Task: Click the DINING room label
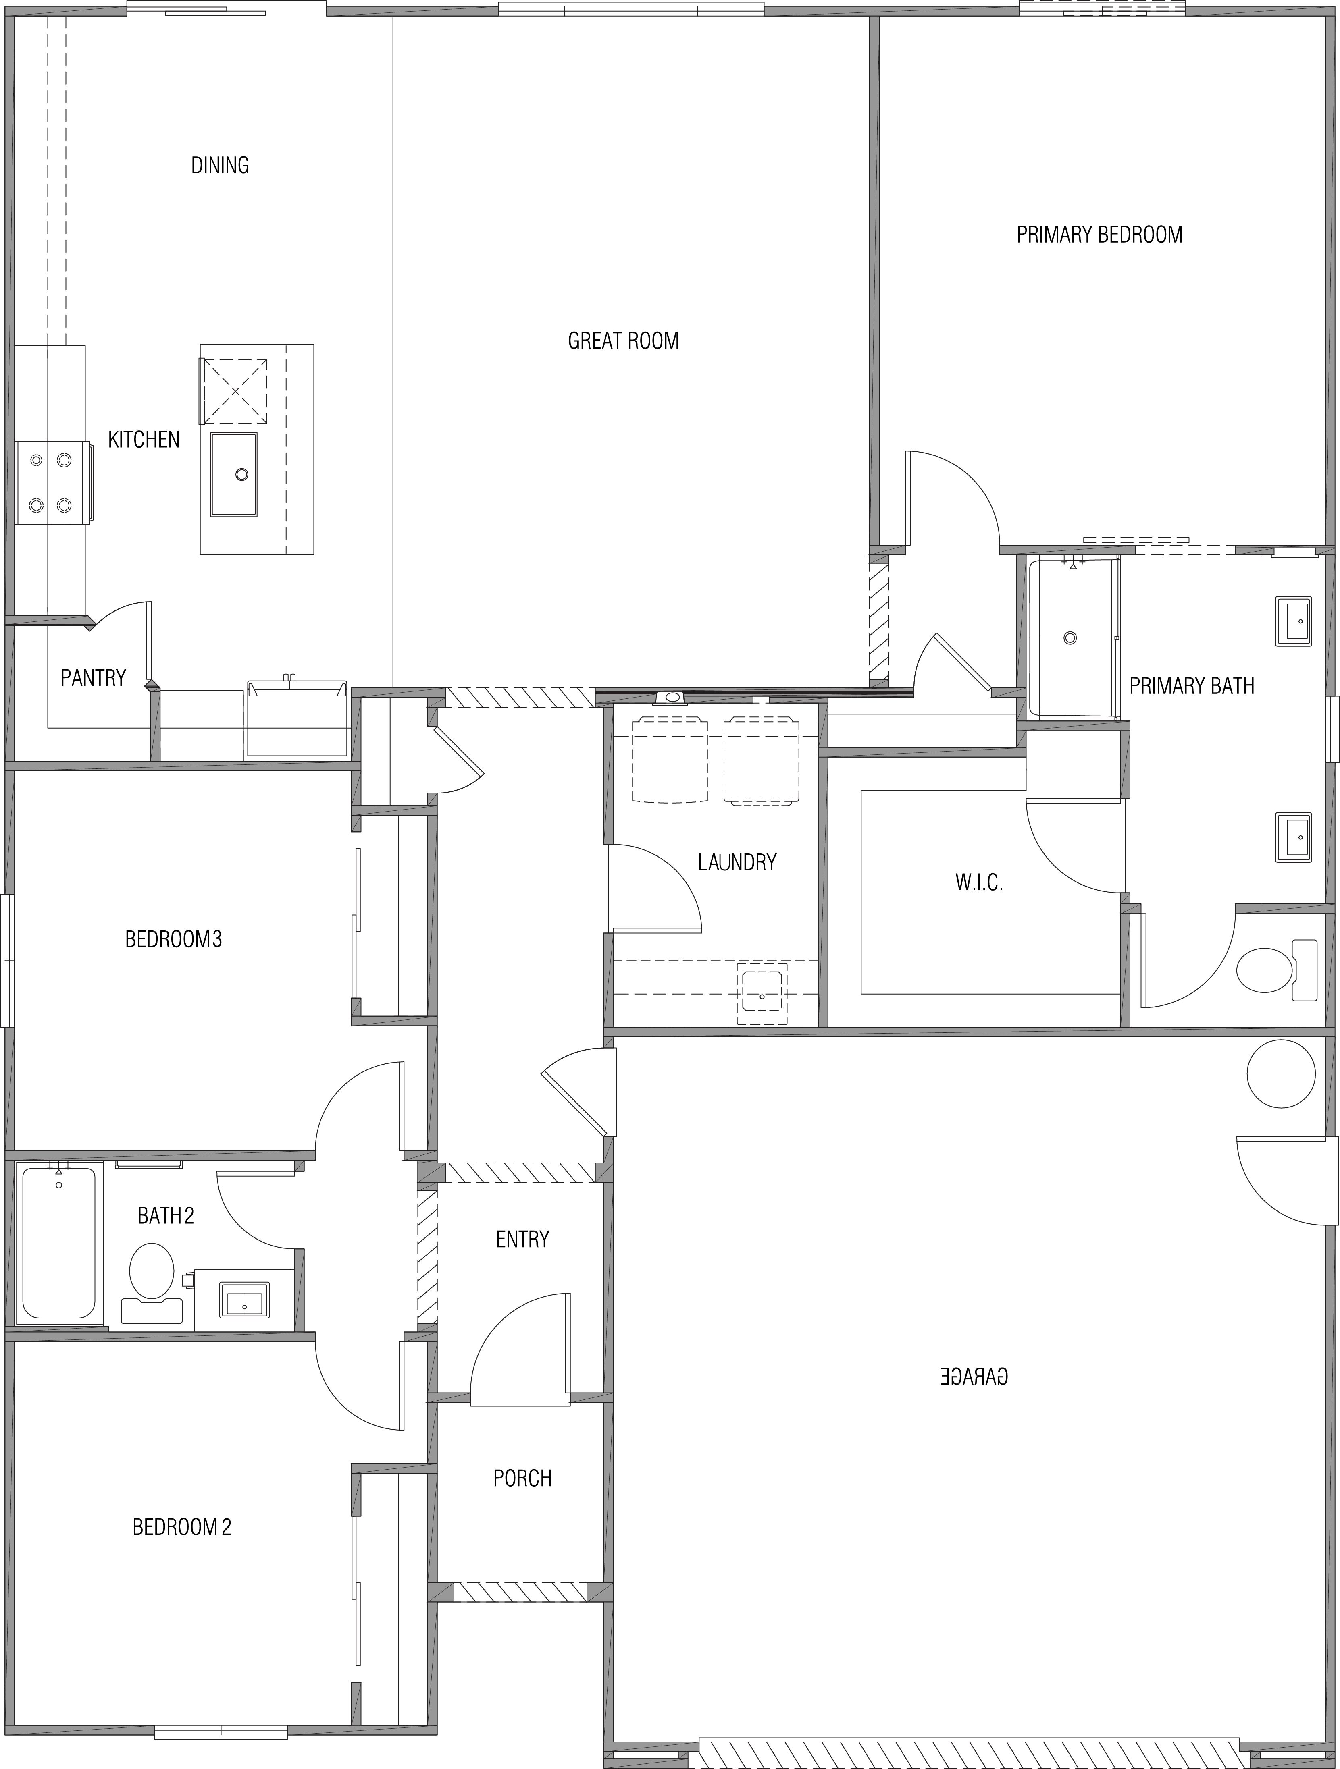pos(220,166)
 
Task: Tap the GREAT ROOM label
pos(623,341)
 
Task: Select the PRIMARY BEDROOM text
pos(1099,234)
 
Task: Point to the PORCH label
pos(522,1478)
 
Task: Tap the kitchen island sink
pos(233,475)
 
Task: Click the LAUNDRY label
pos(737,862)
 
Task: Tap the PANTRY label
pos(94,678)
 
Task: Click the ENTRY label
pos(522,1240)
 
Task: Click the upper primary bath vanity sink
pos(1293,621)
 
